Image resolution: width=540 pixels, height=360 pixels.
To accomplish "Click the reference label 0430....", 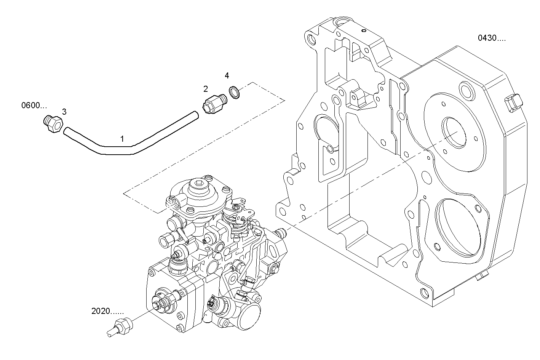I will (492, 38).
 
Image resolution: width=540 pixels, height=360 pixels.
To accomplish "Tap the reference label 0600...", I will (34, 106).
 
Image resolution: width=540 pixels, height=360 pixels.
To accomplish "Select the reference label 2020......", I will (107, 311).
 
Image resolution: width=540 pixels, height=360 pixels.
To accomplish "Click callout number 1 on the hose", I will (122, 139).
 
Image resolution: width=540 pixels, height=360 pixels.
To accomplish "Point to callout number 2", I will (206, 89).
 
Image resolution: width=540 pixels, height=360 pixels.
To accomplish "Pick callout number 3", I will (64, 112).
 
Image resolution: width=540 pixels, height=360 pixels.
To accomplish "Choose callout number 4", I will (227, 75).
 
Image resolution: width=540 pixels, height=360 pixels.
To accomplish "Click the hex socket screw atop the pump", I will (199, 186).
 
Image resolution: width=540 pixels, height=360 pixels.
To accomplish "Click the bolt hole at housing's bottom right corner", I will (424, 293).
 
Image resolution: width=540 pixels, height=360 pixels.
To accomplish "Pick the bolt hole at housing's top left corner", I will (312, 39).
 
